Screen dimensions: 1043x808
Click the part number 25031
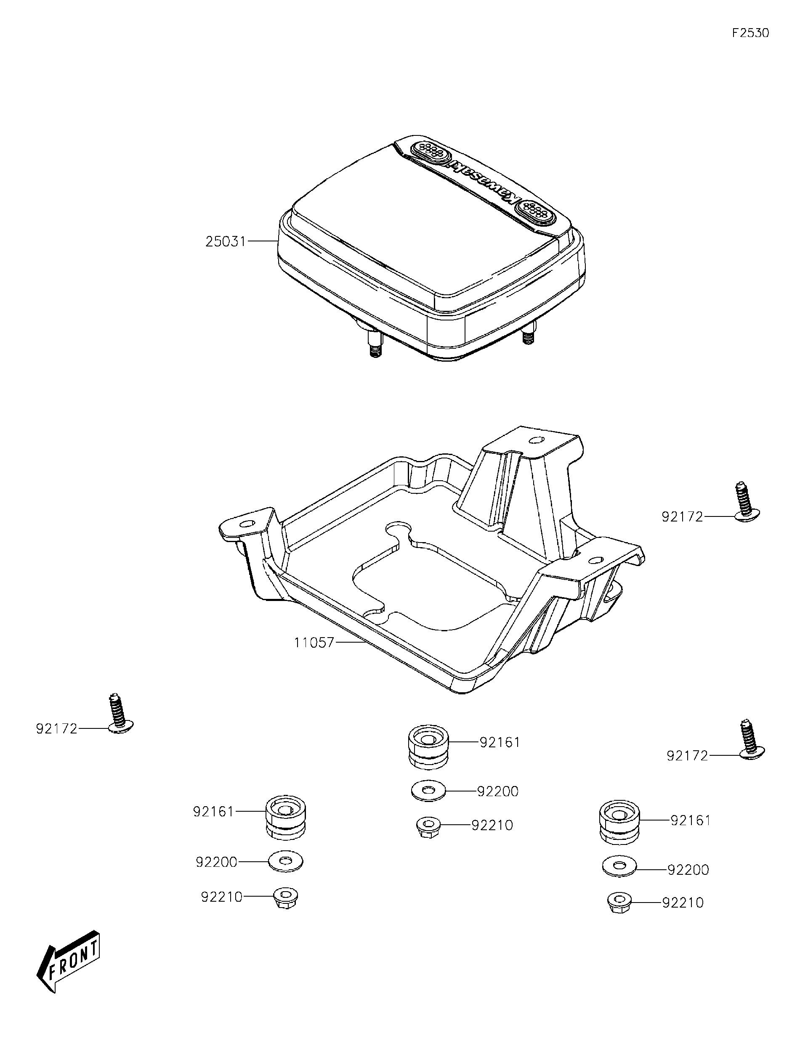(x=226, y=242)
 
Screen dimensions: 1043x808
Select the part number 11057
(x=314, y=643)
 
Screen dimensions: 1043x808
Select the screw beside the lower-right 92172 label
(x=749, y=749)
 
